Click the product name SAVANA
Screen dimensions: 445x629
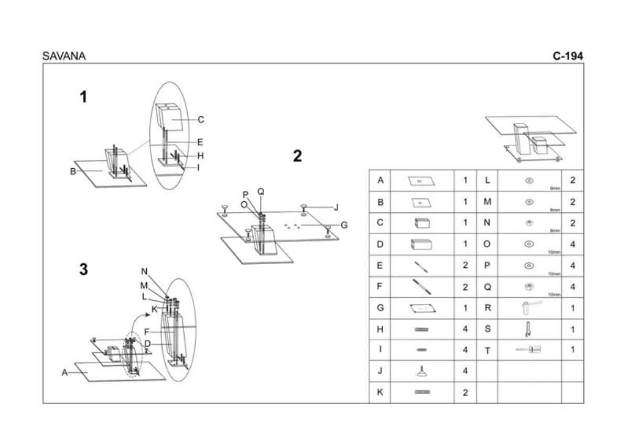tap(64, 56)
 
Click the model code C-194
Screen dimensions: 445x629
tap(568, 56)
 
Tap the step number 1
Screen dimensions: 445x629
tap(83, 97)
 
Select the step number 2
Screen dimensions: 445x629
tap(297, 156)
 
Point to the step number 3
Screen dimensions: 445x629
tap(83, 269)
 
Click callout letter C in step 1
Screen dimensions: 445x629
tap(201, 120)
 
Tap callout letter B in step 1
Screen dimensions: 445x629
tap(73, 171)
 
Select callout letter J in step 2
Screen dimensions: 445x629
tap(337, 207)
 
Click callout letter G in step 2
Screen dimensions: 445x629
tap(344, 225)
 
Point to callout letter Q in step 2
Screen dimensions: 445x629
tap(261, 192)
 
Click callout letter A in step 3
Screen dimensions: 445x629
tap(64, 373)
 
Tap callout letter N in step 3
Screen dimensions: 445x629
tap(144, 272)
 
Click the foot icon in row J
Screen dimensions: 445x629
tap(422, 371)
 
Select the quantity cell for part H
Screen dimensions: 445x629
tap(465, 329)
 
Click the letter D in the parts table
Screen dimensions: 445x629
tap(380, 244)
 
